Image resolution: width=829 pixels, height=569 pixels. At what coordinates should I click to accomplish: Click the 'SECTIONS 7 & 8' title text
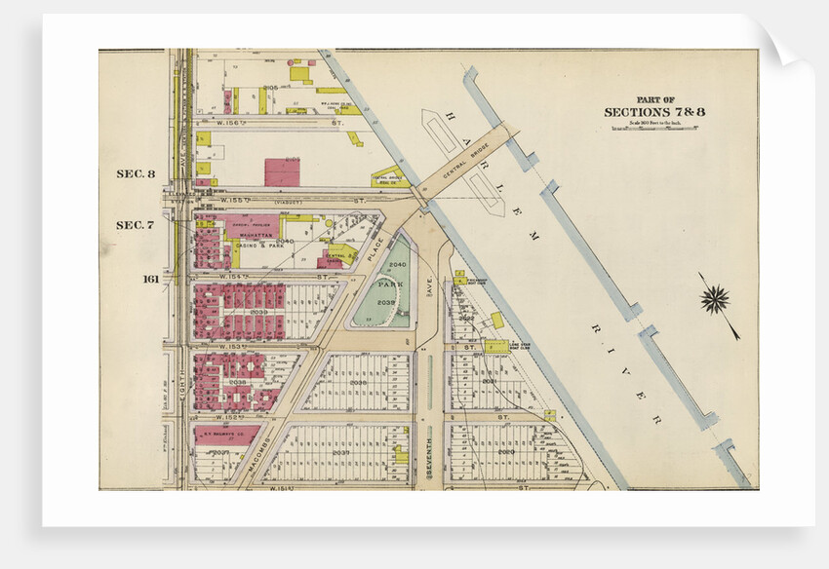(x=654, y=112)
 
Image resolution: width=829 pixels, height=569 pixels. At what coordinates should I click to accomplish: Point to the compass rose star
(x=717, y=299)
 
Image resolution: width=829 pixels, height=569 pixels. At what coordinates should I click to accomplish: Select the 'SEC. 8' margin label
(x=136, y=174)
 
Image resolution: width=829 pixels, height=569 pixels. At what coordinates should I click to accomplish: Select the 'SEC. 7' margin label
(x=136, y=225)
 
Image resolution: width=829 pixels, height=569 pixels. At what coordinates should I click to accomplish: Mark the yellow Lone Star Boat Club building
(x=496, y=345)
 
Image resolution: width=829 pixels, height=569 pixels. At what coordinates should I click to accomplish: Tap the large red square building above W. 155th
(x=282, y=172)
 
